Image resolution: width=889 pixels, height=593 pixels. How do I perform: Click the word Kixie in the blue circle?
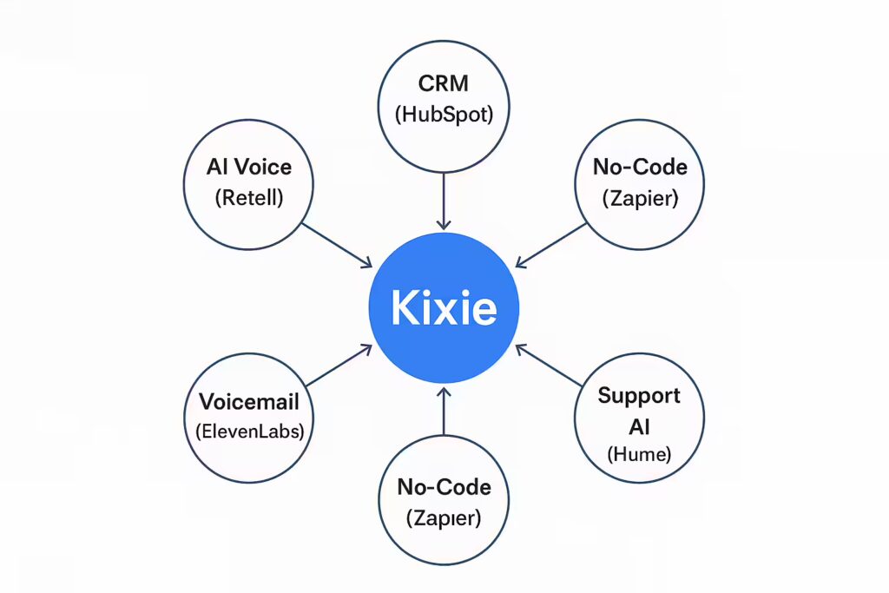click(444, 308)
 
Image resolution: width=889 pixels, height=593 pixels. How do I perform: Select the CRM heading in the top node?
click(444, 83)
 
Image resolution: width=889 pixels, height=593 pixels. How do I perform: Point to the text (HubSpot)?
click(444, 115)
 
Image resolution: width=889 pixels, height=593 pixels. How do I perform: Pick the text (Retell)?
click(249, 197)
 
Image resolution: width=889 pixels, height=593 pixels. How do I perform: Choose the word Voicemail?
click(249, 401)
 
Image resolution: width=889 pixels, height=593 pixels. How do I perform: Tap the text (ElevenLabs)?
click(249, 432)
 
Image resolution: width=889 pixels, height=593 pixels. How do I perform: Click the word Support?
click(639, 396)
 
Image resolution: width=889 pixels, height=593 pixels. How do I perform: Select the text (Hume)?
click(639, 454)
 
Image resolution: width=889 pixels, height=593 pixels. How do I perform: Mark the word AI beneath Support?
click(639, 426)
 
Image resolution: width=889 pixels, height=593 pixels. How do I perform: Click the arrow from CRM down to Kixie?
click(444, 201)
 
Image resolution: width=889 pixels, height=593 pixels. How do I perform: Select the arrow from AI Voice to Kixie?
click(337, 245)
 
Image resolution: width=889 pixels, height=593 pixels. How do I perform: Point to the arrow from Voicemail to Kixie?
click(339, 366)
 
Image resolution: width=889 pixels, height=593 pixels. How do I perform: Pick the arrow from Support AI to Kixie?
click(549, 366)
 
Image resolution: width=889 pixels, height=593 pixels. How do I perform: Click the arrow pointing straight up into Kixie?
click(444, 411)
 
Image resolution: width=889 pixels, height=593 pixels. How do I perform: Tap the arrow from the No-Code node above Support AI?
click(551, 245)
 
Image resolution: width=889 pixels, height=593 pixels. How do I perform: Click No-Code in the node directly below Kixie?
click(444, 487)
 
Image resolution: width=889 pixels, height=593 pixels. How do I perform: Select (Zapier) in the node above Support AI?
click(640, 198)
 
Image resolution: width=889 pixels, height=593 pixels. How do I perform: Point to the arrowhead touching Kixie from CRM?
click(444, 225)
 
